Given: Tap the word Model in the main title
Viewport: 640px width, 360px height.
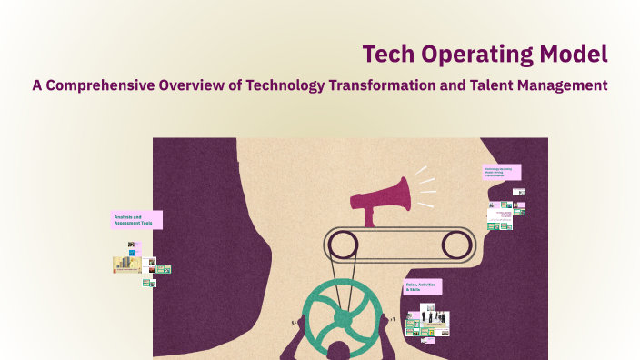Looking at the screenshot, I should (572, 54).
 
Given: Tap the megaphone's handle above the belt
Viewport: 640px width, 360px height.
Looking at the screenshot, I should (370, 216).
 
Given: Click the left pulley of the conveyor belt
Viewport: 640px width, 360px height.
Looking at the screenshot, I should (342, 244).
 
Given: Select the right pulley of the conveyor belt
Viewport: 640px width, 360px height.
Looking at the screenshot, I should (457, 244).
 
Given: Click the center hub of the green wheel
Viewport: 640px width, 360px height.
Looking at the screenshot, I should (338, 319).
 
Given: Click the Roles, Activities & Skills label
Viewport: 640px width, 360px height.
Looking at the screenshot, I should (423, 286).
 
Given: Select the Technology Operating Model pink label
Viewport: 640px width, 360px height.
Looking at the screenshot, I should (502, 172).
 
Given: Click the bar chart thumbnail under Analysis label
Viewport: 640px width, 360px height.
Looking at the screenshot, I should (125, 265).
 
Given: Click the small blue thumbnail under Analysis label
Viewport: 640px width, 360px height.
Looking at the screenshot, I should (133, 252).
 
